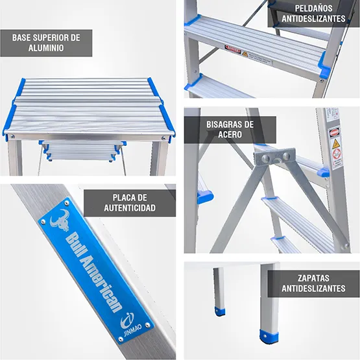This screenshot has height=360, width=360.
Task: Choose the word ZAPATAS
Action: click(x=314, y=277)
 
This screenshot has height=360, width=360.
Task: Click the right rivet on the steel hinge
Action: click(x=283, y=154)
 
